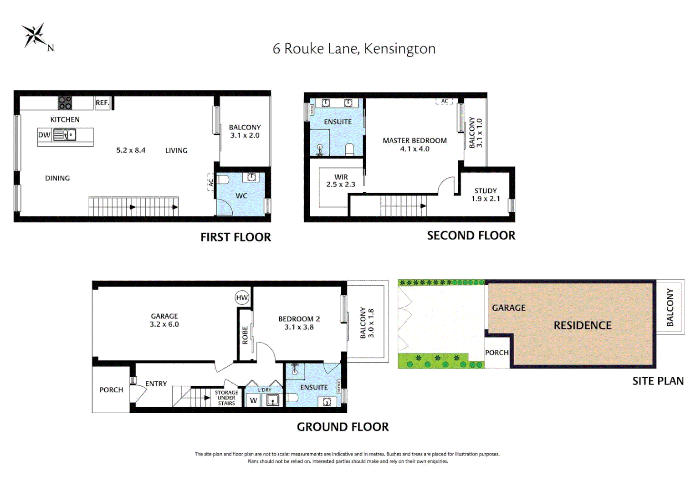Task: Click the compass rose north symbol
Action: tap(36, 36)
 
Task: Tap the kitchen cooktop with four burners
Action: tap(65, 103)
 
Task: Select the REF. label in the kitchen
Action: tap(102, 103)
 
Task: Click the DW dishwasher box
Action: tap(44, 135)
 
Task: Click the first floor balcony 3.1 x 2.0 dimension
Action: tap(245, 135)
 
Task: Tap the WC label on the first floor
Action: tap(241, 196)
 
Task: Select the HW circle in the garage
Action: tap(242, 298)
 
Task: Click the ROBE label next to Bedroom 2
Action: tap(245, 335)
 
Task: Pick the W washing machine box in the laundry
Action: tap(254, 400)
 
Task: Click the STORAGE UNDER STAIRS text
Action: tap(226, 398)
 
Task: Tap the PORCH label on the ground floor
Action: tap(111, 390)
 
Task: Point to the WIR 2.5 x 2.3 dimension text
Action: tap(341, 184)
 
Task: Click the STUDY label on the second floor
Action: tap(486, 191)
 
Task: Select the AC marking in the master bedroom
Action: tap(445, 102)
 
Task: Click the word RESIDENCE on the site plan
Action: tap(583, 325)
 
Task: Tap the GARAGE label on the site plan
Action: tap(509, 308)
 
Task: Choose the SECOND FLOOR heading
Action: tap(471, 236)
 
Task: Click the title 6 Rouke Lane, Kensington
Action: tap(354, 49)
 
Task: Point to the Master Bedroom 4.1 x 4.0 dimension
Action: tap(415, 149)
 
